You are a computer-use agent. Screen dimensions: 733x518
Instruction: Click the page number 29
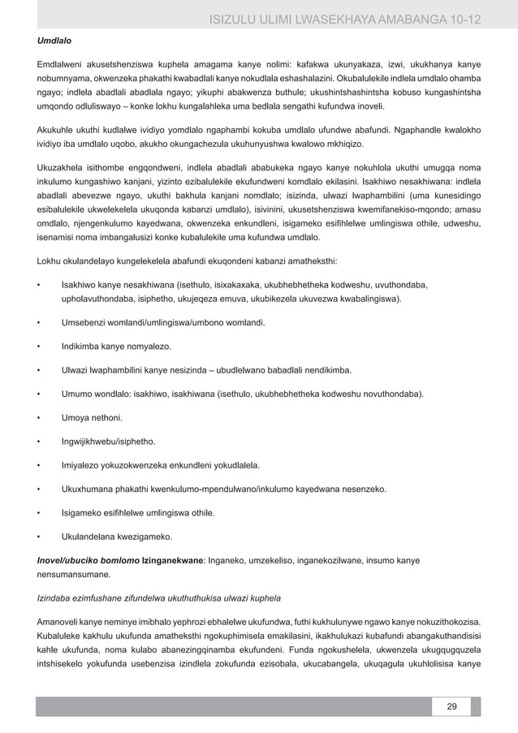pos(451,705)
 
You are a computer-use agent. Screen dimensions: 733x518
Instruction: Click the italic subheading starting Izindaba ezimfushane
pos(158,599)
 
